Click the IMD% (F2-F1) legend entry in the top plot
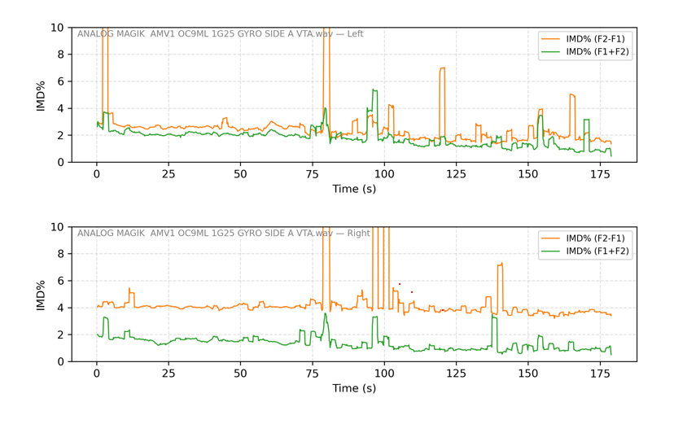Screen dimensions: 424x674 pyautogui.click(x=595, y=39)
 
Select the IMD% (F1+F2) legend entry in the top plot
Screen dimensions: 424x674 pyautogui.click(x=595, y=52)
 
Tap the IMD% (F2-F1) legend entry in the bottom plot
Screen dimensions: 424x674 pyautogui.click(x=595, y=238)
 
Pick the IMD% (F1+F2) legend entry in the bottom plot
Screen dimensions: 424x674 pyautogui.click(x=595, y=251)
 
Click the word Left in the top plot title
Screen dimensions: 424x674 pyautogui.click(x=355, y=34)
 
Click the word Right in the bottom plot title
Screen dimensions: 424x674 pyautogui.click(x=358, y=234)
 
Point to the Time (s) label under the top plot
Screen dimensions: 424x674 pyautogui.click(x=354, y=190)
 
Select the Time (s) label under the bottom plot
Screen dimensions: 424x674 pyautogui.click(x=354, y=389)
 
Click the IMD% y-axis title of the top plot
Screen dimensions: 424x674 pyautogui.click(x=41, y=95)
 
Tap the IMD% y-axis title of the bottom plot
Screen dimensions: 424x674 pyautogui.click(x=41, y=295)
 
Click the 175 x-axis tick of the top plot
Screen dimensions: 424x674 pyautogui.click(x=600, y=173)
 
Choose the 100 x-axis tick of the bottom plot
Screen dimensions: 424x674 pyautogui.click(x=384, y=373)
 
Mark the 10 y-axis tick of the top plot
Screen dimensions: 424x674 pyautogui.click(x=58, y=28)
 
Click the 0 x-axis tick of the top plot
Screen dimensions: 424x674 pyautogui.click(x=97, y=173)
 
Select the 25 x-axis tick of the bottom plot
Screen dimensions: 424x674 pyautogui.click(x=168, y=373)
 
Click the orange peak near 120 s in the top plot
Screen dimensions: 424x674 pyautogui.click(x=442, y=69)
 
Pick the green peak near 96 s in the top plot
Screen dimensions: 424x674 pyautogui.click(x=374, y=90)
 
